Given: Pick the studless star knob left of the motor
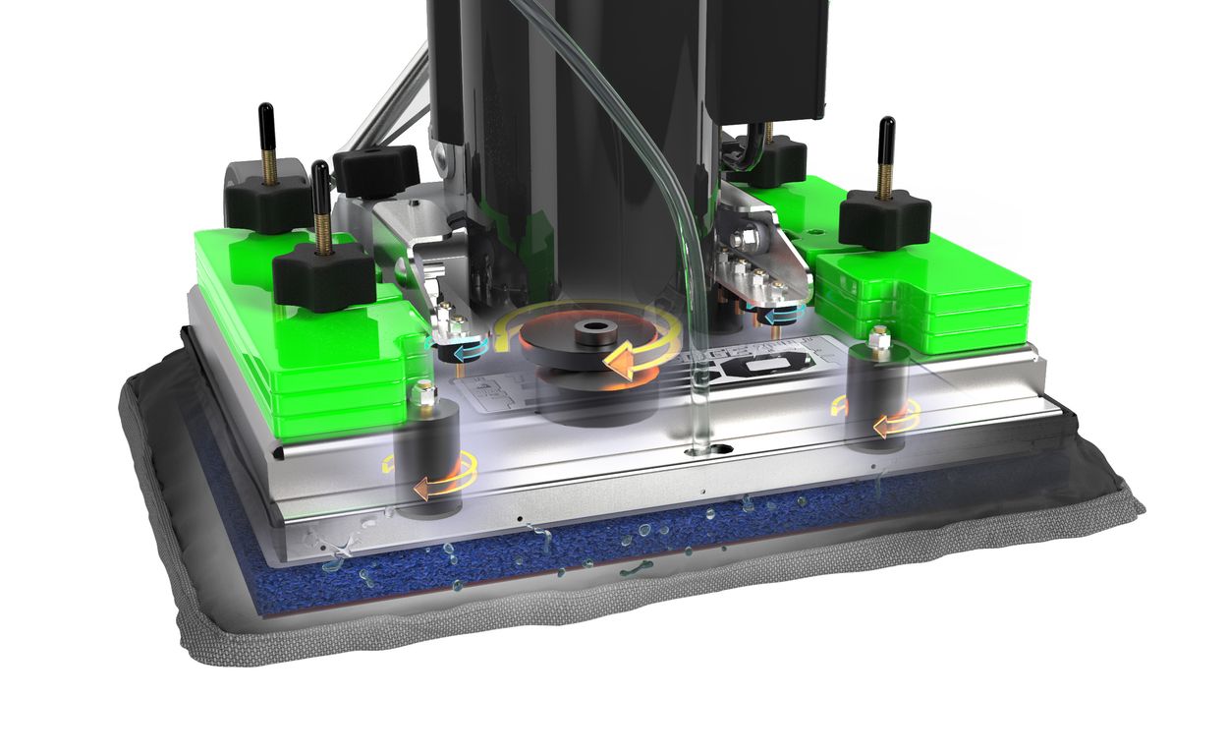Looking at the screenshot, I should coord(375,169).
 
